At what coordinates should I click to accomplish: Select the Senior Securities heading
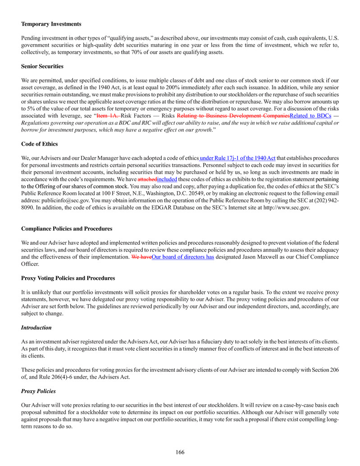coord(42,66)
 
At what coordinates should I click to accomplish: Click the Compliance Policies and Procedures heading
coord(67,229)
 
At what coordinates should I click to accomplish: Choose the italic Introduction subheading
coord(36,328)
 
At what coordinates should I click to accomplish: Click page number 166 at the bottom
coord(180,452)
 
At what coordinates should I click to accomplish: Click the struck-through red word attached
coord(147,179)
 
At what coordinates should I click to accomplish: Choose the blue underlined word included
coord(166,179)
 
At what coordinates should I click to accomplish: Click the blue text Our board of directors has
coord(183,257)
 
